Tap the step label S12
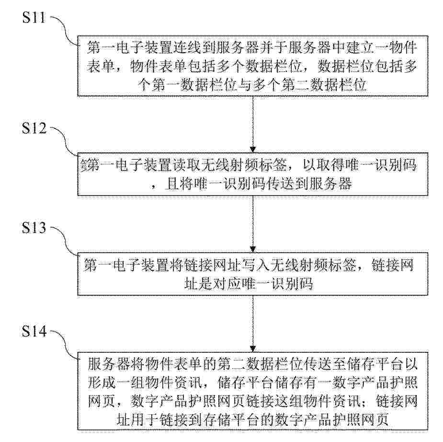[34, 128]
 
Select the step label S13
[34, 228]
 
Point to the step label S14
[34, 331]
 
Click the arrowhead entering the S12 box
[253, 150]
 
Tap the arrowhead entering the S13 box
[253, 249]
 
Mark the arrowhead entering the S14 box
[253, 349]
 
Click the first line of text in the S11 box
[252, 47]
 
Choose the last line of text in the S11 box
[252, 84]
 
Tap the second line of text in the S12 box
[251, 184]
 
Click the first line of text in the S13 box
[249, 265]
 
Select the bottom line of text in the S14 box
[252, 419]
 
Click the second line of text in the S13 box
[249, 284]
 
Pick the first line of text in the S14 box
[252, 364]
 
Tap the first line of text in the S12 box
[249, 165]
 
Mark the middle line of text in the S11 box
[252, 66]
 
